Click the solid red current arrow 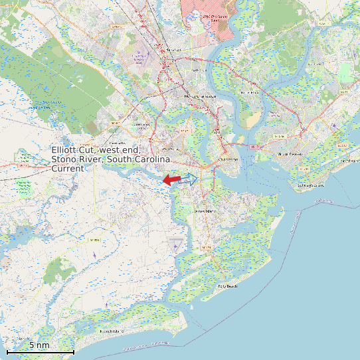click(171, 179)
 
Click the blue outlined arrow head click(192, 179)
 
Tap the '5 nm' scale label click(39, 345)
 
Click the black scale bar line click(40, 351)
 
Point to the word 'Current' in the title click(68, 169)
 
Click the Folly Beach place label click(227, 286)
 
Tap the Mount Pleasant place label click(290, 153)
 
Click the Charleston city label click(228, 159)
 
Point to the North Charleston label click(201, 96)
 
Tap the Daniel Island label click(249, 92)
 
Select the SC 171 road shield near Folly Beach click(207, 248)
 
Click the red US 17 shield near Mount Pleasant click(256, 145)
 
